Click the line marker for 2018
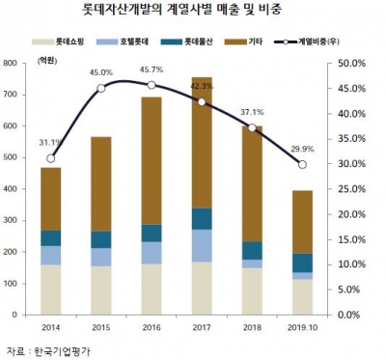tap(252, 127)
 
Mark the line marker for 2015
tap(100, 88)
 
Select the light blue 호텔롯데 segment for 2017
tap(202, 245)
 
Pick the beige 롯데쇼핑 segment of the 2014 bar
tap(50, 290)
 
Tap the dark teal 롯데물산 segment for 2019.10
tap(303, 263)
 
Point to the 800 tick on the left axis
tap(20, 63)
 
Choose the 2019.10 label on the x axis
tap(303, 328)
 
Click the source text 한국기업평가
tap(45, 349)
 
